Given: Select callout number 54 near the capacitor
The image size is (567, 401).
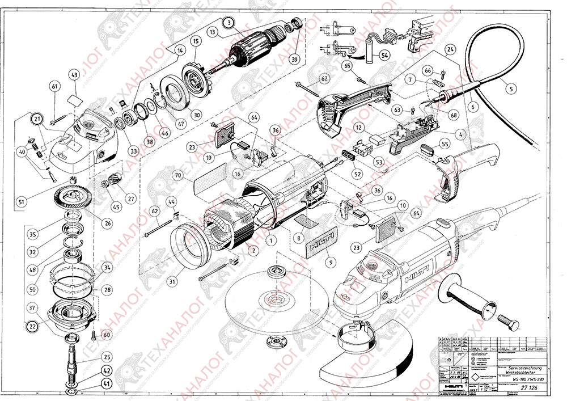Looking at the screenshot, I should [x=384, y=56].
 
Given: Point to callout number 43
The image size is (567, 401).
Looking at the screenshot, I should [x=74, y=75].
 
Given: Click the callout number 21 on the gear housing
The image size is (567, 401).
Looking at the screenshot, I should [x=38, y=119].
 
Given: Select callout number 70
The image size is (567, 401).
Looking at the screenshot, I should [x=177, y=177].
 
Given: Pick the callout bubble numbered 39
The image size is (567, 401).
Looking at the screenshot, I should [x=294, y=60].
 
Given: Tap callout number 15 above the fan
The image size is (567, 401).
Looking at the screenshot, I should [x=195, y=41].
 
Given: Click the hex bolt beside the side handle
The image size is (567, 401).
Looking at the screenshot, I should [x=507, y=325].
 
